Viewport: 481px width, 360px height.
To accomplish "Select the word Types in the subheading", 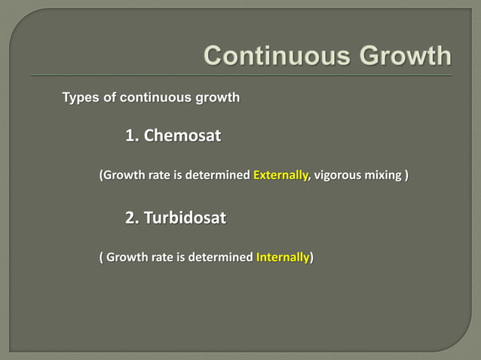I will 78,98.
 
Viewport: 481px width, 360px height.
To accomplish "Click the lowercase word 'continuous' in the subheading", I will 153,98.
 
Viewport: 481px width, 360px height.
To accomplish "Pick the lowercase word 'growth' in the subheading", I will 217,98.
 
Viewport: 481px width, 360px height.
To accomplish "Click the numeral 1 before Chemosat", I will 131,136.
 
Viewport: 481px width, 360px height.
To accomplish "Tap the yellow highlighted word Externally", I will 280,176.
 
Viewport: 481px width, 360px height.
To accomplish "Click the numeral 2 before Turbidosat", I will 131,218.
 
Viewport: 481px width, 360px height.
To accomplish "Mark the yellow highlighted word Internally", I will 283,258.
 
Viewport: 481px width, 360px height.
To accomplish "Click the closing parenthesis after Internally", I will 313,258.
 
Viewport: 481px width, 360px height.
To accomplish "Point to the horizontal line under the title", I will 241,76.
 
